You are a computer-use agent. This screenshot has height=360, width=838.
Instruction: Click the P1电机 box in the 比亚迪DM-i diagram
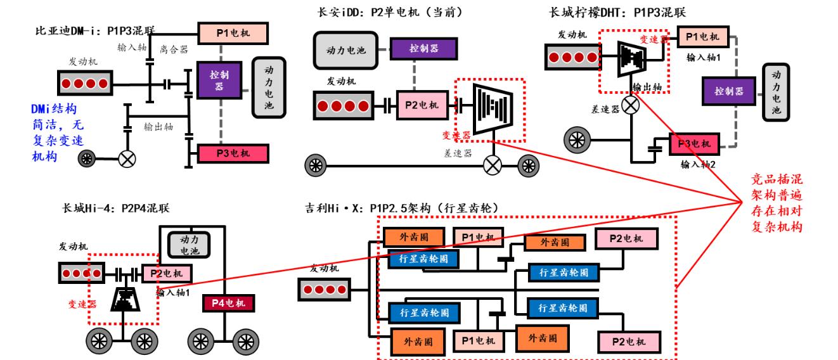click(233, 32)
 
